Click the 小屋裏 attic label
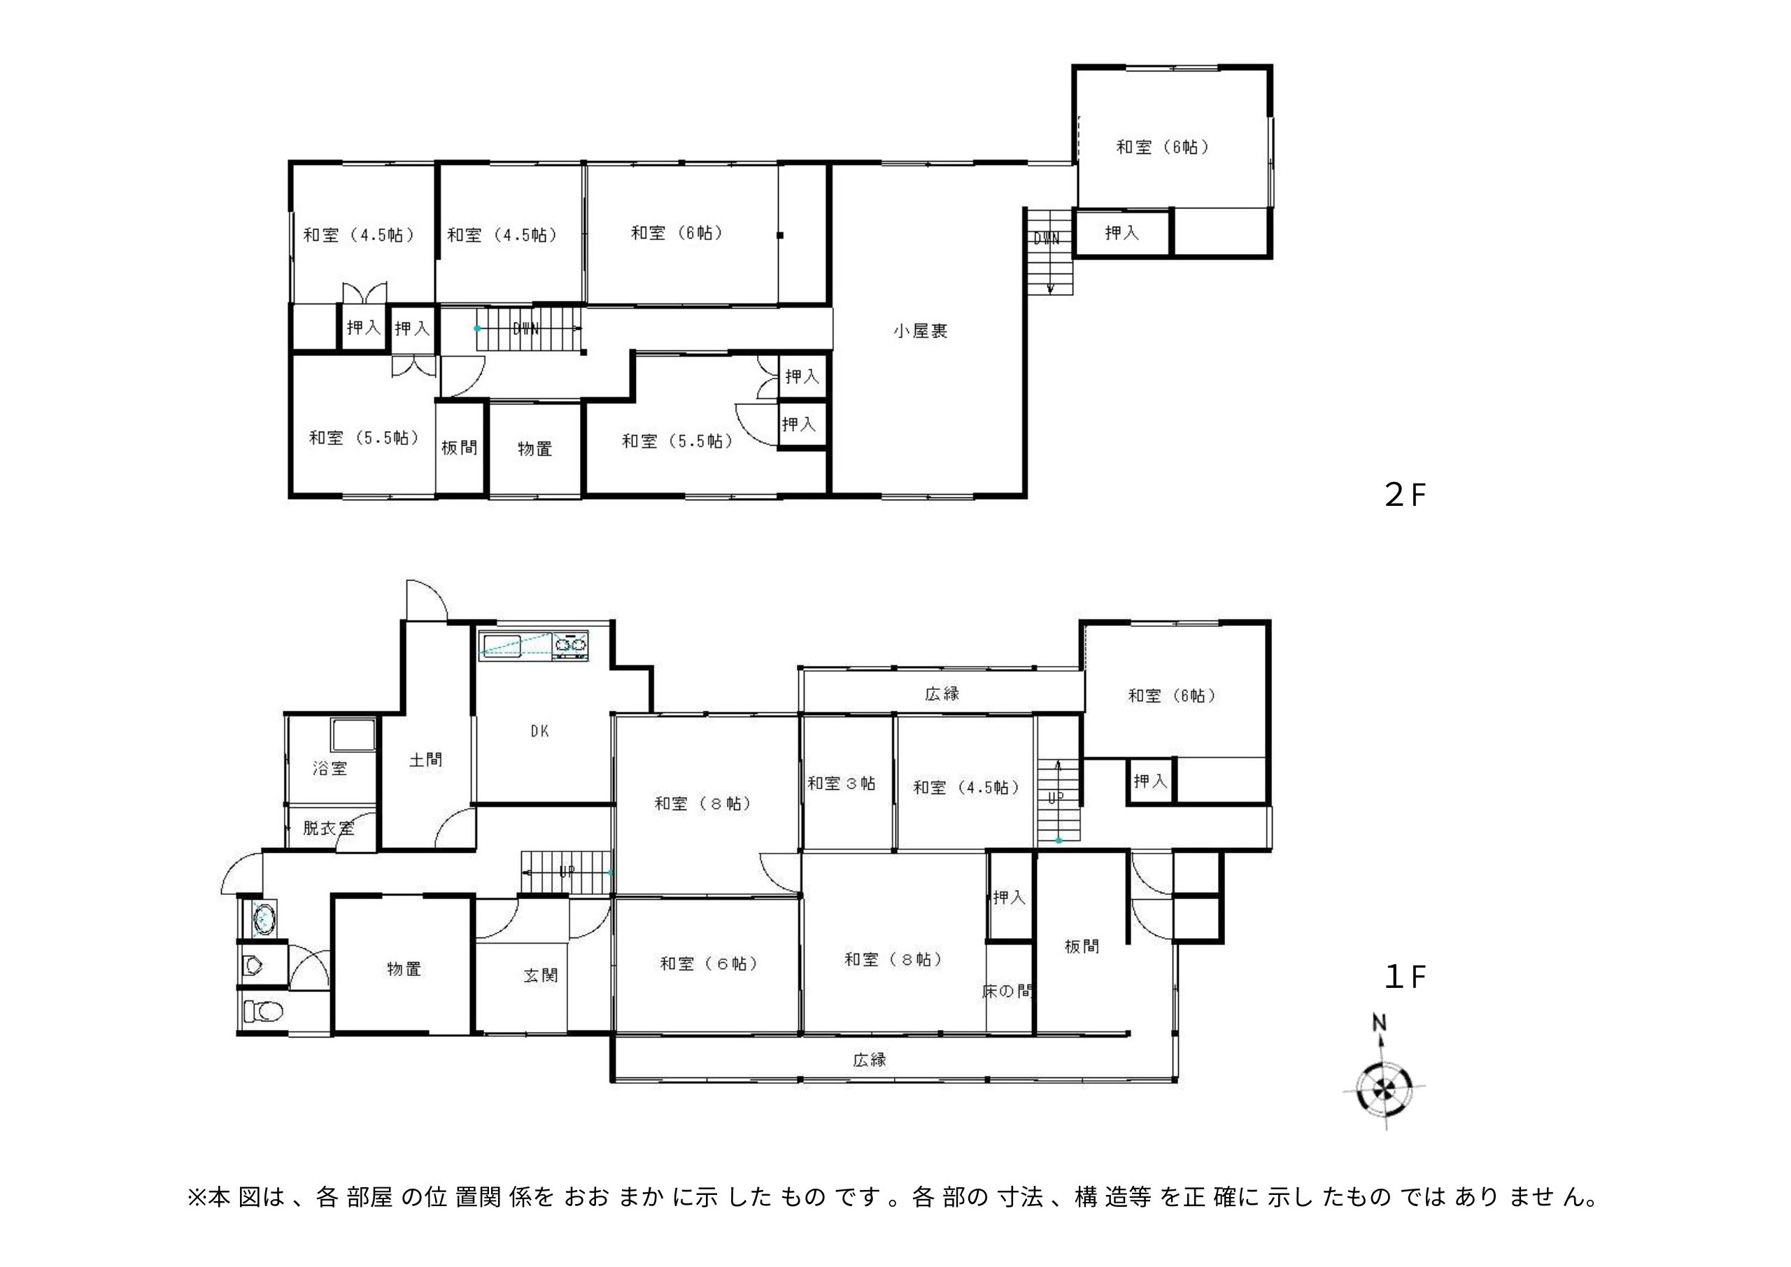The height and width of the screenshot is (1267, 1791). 921,332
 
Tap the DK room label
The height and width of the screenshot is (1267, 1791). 540,731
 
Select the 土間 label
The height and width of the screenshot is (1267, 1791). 426,759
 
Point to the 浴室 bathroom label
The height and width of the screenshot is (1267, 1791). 330,768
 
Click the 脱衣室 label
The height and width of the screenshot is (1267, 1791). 328,828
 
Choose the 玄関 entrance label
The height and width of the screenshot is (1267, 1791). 541,975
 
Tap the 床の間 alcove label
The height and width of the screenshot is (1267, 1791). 1008,991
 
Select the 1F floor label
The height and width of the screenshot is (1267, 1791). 1405,977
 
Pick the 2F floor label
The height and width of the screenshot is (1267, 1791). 1405,495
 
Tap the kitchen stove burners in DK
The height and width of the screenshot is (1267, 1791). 571,644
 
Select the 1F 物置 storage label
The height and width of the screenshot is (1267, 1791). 404,969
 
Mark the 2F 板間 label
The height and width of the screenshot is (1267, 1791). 460,448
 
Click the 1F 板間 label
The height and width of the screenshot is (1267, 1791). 1082,947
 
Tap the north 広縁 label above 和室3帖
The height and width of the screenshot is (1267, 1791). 942,693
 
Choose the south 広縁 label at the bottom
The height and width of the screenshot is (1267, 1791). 869,1059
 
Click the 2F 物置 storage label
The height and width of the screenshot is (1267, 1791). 535,449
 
